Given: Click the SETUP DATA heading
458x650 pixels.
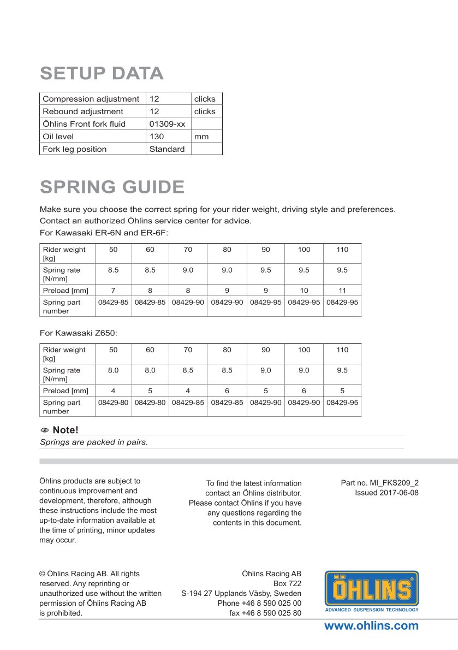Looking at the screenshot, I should coord(102,73).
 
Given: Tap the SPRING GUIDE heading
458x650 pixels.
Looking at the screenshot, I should coord(112,187).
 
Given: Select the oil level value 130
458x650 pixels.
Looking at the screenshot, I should coord(157,137).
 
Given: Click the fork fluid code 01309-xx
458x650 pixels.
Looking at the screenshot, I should coord(168,124).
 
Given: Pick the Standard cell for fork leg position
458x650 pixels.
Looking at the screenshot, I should coord(167,149).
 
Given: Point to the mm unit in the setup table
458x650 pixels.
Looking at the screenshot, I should coord(201,137).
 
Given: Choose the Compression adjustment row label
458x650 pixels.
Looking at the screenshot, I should coord(91,99).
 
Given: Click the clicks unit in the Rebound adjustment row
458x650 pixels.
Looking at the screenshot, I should coord(205,111).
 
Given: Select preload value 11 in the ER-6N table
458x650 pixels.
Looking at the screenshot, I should coord(342,291).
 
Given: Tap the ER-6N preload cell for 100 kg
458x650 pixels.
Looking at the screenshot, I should coord(304,291).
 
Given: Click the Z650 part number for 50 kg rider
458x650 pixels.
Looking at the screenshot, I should coord(113,403).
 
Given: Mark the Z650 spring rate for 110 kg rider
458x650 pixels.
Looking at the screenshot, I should coord(342,370).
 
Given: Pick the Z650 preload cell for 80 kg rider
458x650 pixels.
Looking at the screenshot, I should coord(227,391).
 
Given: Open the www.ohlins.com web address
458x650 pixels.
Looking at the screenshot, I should coord(371,626).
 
